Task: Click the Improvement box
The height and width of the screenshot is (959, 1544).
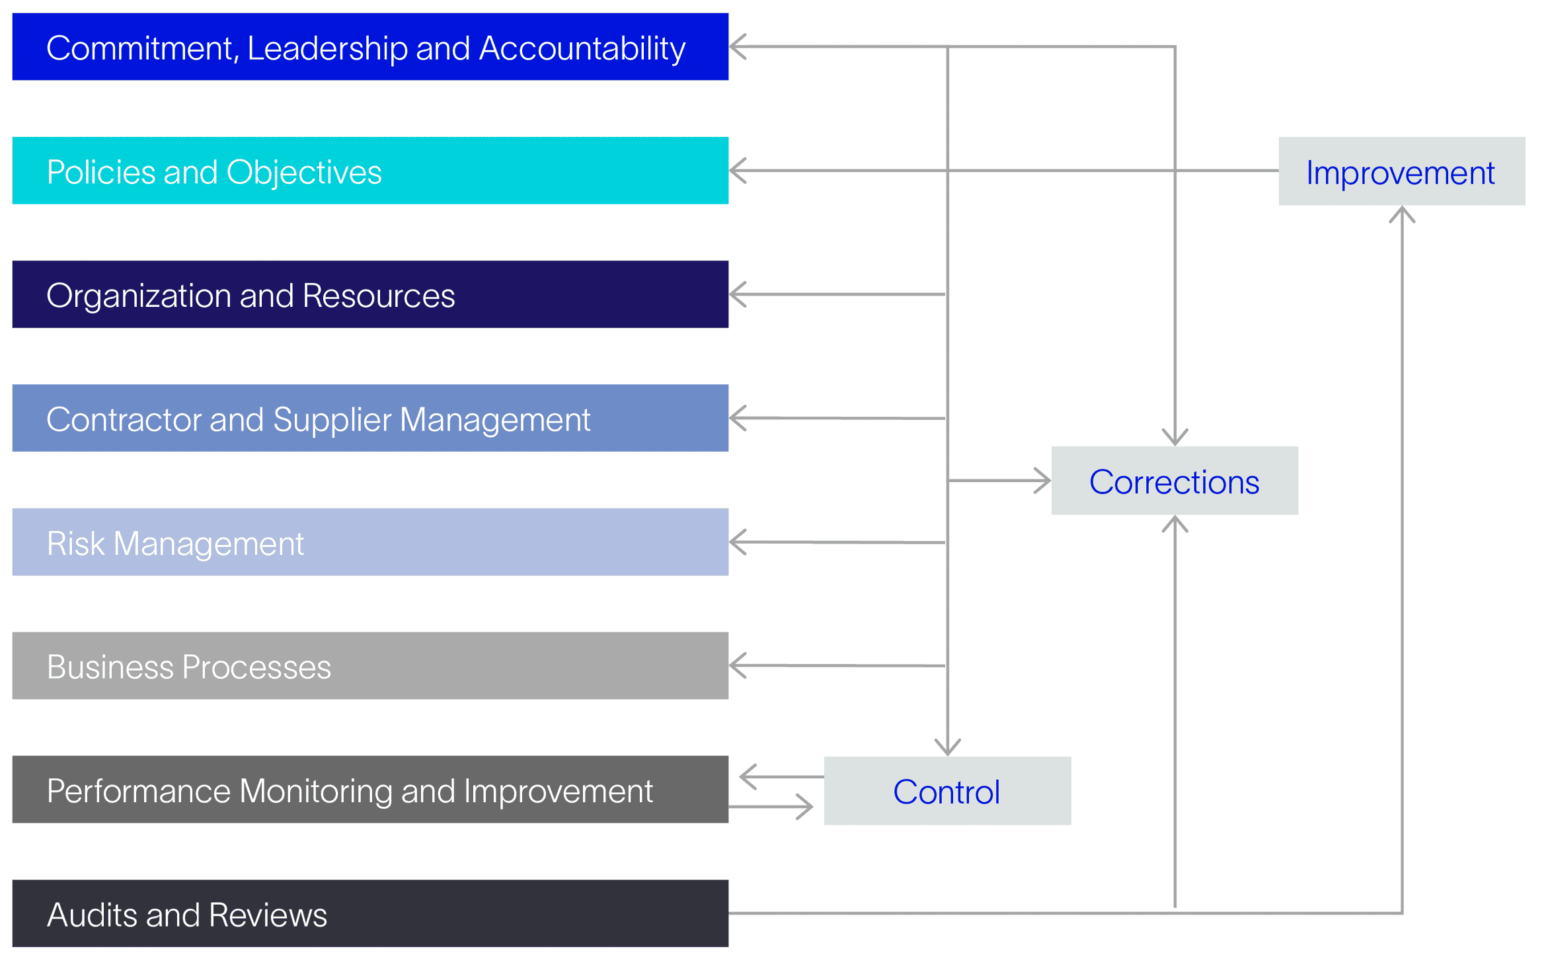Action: (1401, 171)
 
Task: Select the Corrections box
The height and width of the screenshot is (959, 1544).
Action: (1174, 481)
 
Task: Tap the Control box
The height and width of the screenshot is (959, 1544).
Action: (946, 791)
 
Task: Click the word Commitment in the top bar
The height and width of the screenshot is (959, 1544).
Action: (138, 48)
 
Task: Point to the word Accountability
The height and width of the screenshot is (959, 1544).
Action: (582, 48)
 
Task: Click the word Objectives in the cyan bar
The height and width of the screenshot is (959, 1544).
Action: (303, 172)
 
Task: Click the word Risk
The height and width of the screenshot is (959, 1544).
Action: (75, 543)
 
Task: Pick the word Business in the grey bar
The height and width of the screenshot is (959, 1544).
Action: (110, 667)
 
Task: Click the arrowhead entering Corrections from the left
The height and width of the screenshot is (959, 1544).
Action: (1044, 480)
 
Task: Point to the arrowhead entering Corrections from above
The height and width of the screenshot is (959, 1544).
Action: (1175, 438)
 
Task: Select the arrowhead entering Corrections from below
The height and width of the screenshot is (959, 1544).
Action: (1175, 523)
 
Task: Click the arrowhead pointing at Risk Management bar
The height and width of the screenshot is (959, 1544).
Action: (736, 542)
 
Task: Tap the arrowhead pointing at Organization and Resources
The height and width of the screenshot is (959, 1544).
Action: (736, 294)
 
